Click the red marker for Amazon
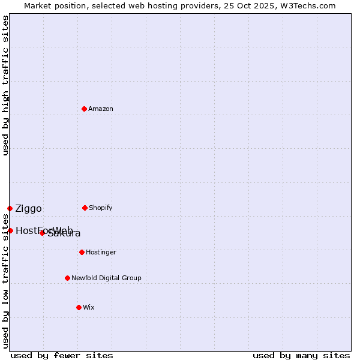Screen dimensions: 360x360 point(84,109)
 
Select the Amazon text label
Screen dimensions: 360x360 point(101,109)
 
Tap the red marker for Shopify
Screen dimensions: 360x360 point(85,208)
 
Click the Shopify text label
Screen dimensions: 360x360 point(101,208)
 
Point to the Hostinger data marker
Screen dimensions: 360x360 point(82,252)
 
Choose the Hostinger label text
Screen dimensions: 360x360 point(101,253)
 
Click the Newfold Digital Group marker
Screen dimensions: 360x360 point(67,278)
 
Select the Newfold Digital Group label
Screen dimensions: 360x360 point(106,278)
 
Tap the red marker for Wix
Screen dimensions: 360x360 point(79,307)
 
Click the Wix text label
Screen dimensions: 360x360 point(89,308)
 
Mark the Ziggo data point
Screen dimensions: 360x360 point(10,208)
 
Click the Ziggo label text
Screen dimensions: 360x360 point(28,209)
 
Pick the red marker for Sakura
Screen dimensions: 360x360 point(42,233)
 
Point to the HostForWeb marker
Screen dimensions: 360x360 point(10,230)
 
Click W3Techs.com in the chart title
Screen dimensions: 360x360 point(308,6)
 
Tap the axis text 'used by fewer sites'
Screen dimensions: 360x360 point(62,356)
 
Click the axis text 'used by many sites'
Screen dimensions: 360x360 point(301,356)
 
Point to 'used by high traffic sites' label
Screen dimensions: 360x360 point(6,85)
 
